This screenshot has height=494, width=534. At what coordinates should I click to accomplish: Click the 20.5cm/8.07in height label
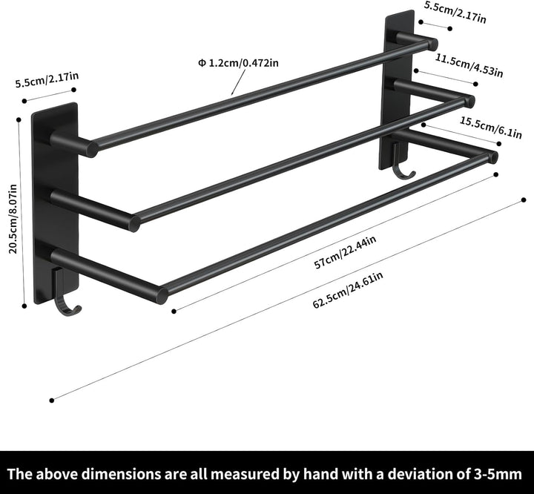point(13,219)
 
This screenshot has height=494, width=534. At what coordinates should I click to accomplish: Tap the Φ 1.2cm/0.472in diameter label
point(238,63)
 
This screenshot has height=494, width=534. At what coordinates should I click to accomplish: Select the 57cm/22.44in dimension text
point(345,251)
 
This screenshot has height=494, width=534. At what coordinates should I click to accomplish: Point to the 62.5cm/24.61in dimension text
point(348,289)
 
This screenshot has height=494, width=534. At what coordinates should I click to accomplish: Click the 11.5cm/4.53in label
point(469,65)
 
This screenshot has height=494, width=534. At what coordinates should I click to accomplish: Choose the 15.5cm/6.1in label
point(491,128)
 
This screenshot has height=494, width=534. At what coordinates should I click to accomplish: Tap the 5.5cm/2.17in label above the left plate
point(47,79)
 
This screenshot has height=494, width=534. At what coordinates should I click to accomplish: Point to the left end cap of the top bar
point(92,149)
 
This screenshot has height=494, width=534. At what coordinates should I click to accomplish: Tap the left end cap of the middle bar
point(135,223)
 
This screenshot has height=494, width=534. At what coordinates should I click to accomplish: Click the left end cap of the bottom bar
point(162,296)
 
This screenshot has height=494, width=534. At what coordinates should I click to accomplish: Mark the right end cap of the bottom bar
point(493,157)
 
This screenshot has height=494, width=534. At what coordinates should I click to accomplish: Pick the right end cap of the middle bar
point(470,101)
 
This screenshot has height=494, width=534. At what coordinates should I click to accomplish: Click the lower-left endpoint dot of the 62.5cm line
point(52,401)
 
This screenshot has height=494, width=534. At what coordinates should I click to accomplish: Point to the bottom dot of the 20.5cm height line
point(24,306)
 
